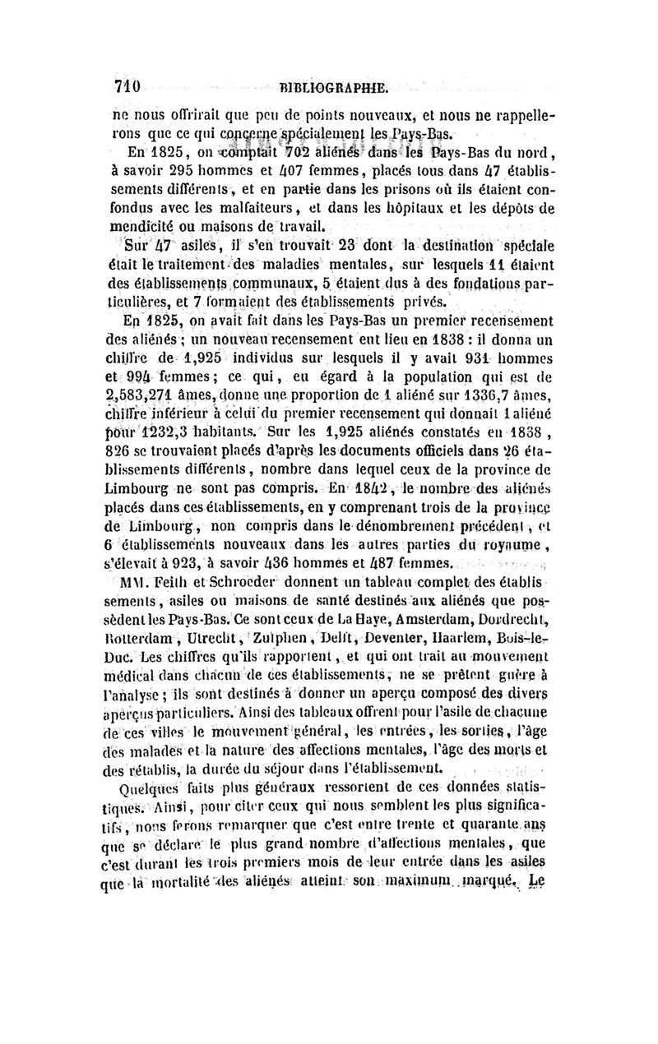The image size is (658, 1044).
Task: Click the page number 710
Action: coord(129,85)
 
